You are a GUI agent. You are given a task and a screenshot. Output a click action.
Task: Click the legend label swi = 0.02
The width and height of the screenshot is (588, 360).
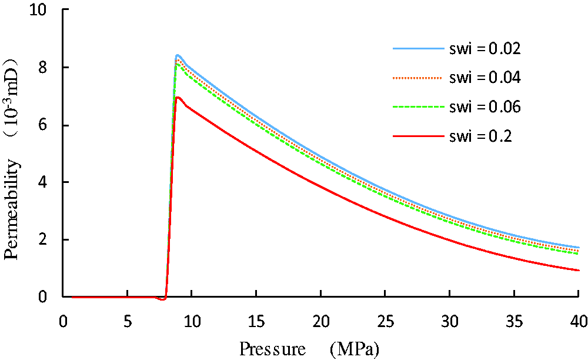click(485, 48)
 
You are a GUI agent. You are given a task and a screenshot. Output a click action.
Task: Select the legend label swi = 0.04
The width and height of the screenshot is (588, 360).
click(485, 78)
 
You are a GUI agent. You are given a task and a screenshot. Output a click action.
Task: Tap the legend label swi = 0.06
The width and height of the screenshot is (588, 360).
click(485, 107)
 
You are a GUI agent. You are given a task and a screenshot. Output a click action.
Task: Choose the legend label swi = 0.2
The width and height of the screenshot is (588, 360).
click(480, 136)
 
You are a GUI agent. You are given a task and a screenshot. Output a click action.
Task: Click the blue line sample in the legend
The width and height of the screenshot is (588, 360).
click(418, 48)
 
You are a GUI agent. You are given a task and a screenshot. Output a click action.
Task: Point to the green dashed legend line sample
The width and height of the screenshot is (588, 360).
click(418, 107)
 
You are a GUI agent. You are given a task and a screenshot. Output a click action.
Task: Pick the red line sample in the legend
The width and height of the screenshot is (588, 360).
click(418, 136)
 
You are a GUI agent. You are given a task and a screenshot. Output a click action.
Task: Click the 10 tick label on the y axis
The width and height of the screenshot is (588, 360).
click(39, 9)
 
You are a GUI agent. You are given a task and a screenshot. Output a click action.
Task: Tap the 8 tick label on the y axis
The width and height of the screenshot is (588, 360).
click(43, 68)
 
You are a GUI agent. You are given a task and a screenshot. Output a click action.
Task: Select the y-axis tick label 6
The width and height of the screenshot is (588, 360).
click(43, 125)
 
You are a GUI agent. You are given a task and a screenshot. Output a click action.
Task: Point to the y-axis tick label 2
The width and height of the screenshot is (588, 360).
click(43, 239)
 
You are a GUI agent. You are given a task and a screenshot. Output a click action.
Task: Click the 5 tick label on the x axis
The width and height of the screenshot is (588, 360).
click(128, 321)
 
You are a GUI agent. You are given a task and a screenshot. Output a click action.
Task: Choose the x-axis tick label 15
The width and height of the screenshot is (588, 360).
click(256, 321)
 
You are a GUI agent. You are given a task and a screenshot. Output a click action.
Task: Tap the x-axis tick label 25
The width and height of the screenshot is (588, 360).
click(385, 321)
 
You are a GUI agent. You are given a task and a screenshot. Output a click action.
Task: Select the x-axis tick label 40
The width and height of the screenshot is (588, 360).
click(578, 321)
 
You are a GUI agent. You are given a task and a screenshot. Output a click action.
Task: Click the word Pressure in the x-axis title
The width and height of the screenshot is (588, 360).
click(273, 349)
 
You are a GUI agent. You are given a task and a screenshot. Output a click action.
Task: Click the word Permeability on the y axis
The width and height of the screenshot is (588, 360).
click(11, 209)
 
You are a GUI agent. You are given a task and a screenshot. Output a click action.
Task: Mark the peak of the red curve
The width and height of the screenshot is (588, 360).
click(178, 97)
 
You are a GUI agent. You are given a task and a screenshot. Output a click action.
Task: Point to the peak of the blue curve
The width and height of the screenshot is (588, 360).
click(178, 55)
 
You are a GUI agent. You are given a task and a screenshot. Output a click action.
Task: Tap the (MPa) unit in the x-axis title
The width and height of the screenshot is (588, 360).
click(355, 349)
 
